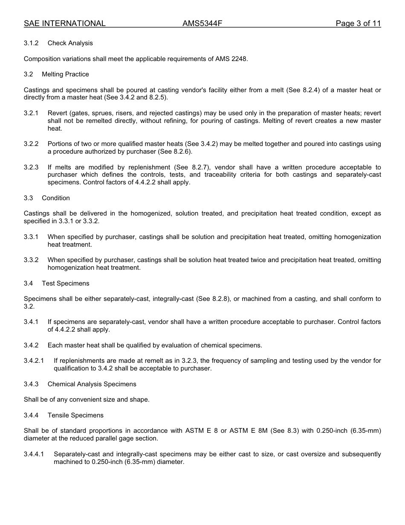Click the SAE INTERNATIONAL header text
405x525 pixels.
tap(64, 23)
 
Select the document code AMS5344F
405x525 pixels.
tap(202, 23)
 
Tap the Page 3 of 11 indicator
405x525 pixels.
tap(358, 23)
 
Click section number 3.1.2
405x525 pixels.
tap(31, 43)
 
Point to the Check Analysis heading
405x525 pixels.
tap(70, 43)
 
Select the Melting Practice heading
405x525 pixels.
tap(65, 74)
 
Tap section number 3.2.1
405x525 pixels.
tap(31, 113)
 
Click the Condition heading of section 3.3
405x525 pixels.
tap(56, 198)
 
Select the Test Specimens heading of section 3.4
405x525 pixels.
tap(65, 283)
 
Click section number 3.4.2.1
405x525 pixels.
tap(34, 361)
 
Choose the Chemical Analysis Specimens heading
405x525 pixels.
tap(92, 384)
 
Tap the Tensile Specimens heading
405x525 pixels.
tap(75, 415)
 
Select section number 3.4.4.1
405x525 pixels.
tap(34, 454)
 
